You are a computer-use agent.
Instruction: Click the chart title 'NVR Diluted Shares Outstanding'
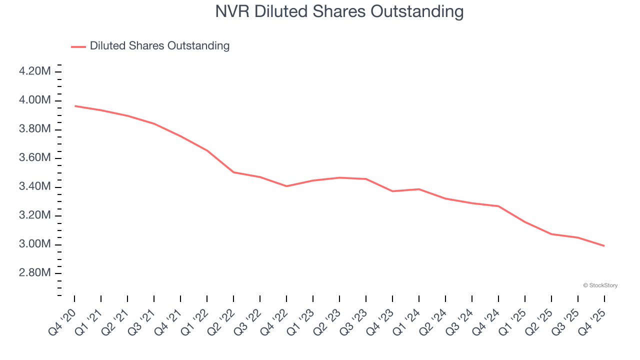click(339, 11)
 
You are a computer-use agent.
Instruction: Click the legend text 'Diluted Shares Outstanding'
click(159, 46)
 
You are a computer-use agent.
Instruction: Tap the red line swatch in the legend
click(78, 46)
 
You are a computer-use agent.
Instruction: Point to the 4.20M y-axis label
click(34, 71)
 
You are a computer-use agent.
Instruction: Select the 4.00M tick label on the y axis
click(34, 100)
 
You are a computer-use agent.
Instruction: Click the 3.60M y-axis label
click(34, 158)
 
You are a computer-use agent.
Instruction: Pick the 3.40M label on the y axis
click(34, 187)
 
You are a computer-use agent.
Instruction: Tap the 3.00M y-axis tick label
click(34, 244)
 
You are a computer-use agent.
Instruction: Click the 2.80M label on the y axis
click(34, 273)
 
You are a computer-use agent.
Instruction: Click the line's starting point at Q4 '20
click(75, 106)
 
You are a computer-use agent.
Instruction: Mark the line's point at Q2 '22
click(233, 172)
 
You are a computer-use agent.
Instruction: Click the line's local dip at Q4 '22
click(286, 186)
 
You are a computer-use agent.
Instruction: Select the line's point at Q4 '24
click(498, 206)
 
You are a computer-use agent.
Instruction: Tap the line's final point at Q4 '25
click(604, 245)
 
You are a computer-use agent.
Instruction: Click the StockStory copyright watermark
click(600, 285)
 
